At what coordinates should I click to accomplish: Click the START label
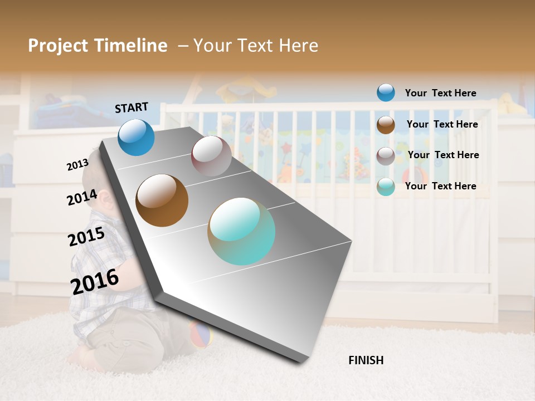coord(132,107)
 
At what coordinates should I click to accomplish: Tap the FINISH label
coord(366,360)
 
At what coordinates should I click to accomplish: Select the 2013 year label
coord(78,164)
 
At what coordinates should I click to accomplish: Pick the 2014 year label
coord(82,198)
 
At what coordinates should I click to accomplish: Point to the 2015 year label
coord(86,237)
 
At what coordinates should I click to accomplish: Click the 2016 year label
coord(95,281)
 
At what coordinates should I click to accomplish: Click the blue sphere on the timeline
coord(137,137)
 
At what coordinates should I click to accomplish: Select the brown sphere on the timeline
coord(162,200)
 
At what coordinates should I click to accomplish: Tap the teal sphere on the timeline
coord(241,231)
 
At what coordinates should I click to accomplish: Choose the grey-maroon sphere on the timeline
coord(211,156)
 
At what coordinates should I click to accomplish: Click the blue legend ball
coord(386,92)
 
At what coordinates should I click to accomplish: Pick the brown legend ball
coord(386,125)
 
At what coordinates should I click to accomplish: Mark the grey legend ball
coord(386,156)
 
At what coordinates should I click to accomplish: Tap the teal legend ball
coord(386,187)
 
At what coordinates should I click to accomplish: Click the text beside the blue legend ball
coord(440,93)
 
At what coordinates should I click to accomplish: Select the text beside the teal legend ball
coord(440,186)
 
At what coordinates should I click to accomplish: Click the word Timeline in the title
coord(131,46)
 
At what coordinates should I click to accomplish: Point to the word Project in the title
coord(59,46)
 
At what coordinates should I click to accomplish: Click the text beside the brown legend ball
coord(442,124)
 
